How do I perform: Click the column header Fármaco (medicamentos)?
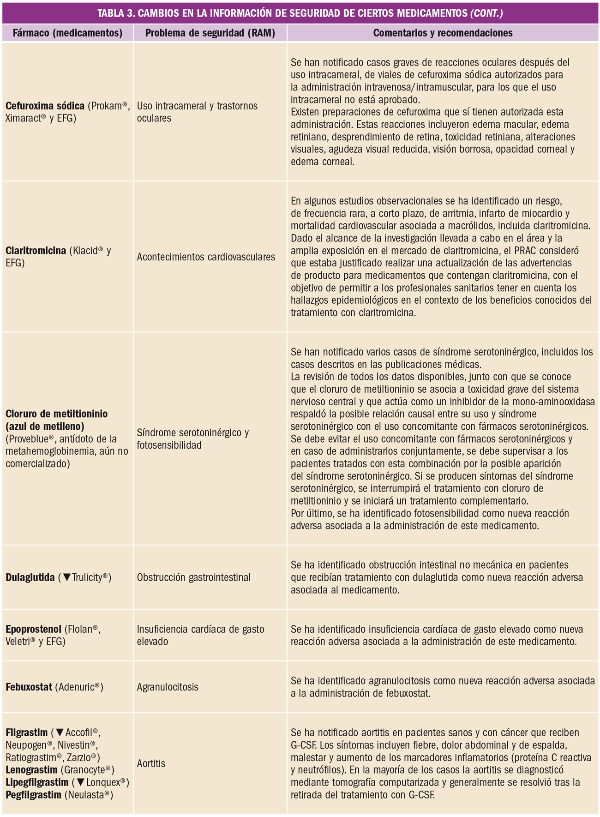tap(67, 33)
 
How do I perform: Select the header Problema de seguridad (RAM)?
tap(210, 33)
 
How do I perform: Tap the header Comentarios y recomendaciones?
tap(443, 33)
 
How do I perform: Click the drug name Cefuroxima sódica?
tap(45, 106)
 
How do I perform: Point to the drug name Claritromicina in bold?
tap(36, 251)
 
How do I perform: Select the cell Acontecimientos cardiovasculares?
tap(206, 257)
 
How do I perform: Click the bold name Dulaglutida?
tap(30, 577)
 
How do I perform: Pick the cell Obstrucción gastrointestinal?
tap(194, 577)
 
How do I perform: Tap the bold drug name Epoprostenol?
tap(33, 629)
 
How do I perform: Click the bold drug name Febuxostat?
tap(29, 687)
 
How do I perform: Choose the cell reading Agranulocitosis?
tap(168, 687)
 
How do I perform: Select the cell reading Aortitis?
tap(151, 763)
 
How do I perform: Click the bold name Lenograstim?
tap(31, 770)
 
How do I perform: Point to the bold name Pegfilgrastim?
tap(33, 795)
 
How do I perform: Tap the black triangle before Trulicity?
tap(67, 577)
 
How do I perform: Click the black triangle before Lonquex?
tap(81, 782)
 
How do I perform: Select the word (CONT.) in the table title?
tap(486, 13)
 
